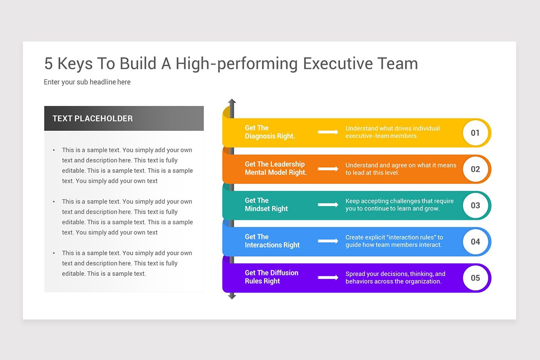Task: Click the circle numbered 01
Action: tap(475, 133)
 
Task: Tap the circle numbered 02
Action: tap(475, 169)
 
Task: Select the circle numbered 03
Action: tap(475, 205)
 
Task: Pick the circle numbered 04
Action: tap(475, 242)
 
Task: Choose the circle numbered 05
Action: tap(475, 278)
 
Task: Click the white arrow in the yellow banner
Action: tap(328, 132)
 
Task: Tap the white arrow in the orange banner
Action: tap(328, 169)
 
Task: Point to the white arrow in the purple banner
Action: tap(328, 277)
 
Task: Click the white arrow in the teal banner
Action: tap(328, 205)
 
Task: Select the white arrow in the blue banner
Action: tap(328, 241)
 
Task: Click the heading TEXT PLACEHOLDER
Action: tap(92, 119)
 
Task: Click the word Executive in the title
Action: tap(338, 63)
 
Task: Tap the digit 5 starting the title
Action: tap(48, 64)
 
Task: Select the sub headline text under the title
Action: tap(87, 82)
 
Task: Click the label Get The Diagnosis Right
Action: tap(270, 132)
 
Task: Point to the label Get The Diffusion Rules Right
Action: tap(271, 277)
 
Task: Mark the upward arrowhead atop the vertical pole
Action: tap(232, 102)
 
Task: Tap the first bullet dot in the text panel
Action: tap(54, 150)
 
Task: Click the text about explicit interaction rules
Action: tap(394, 241)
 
